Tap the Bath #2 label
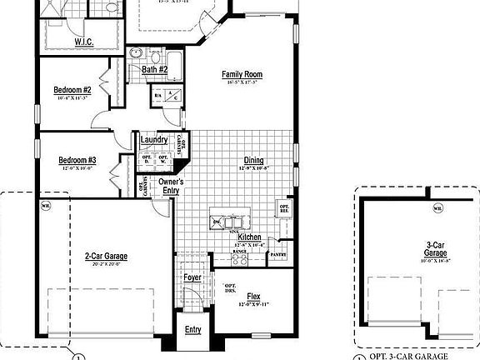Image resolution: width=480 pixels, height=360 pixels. click(x=154, y=70)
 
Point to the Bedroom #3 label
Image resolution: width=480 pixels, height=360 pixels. click(x=77, y=160)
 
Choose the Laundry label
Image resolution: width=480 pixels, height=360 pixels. click(x=155, y=140)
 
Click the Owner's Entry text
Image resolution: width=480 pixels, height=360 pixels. click(x=171, y=186)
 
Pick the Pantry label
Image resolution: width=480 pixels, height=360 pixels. click(x=278, y=255)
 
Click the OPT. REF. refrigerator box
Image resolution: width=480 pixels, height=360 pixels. click(x=284, y=208)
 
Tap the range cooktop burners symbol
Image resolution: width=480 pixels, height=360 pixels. click(x=239, y=258)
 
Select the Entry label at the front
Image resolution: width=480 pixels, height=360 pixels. click(x=192, y=329)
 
